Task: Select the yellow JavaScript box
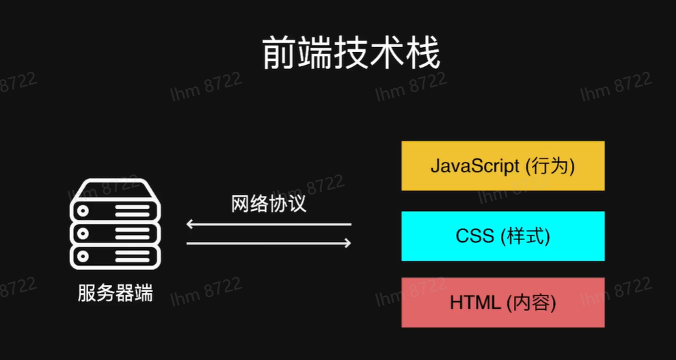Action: pos(502,165)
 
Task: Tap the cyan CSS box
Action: pos(502,236)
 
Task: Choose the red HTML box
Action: pos(502,302)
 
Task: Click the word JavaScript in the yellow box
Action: pos(475,166)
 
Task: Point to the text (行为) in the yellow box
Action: pos(550,166)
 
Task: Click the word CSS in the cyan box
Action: pos(474,236)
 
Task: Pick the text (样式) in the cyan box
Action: pos(526,236)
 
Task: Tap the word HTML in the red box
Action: pos(475,303)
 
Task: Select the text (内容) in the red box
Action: pos(531,303)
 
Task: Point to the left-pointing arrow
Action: pos(269,224)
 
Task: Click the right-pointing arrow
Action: pos(269,243)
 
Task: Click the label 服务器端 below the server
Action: pos(115,294)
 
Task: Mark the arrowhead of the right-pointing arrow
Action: pos(348,243)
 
